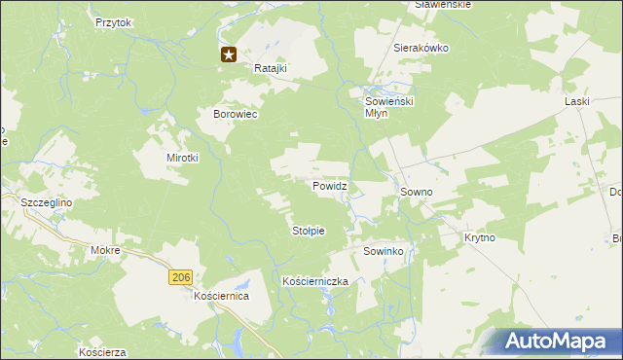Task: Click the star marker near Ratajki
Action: (x=229, y=55)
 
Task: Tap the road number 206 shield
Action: (x=179, y=277)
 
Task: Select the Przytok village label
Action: (x=113, y=21)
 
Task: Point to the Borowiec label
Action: (x=235, y=114)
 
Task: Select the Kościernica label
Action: (x=222, y=295)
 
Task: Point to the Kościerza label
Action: (x=104, y=351)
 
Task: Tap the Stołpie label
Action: (x=308, y=231)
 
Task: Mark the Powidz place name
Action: (x=330, y=185)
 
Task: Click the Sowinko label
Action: (x=384, y=251)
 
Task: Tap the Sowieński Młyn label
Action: (x=389, y=106)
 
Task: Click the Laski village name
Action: (x=578, y=100)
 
